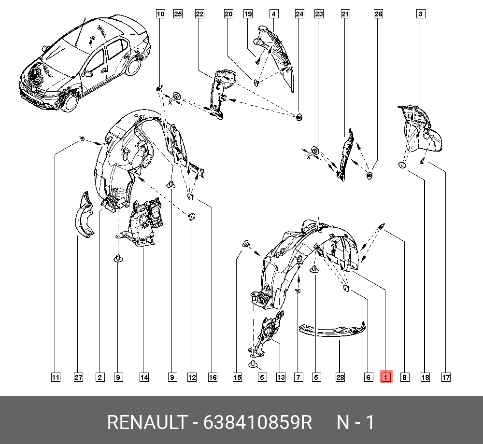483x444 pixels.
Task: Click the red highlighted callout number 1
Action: [x=386, y=376]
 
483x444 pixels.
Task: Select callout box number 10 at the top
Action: [x=160, y=14]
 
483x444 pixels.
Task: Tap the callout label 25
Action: [x=178, y=14]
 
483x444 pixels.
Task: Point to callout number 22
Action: [x=199, y=14]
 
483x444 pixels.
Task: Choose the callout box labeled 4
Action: [x=273, y=14]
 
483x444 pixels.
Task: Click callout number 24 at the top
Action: [x=299, y=14]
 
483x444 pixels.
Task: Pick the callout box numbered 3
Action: [x=421, y=14]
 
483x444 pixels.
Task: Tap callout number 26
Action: [x=378, y=14]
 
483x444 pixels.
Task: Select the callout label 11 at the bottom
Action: [x=56, y=377]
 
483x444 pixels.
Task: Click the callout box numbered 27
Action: [x=79, y=377]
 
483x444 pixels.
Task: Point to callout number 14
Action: [x=144, y=377]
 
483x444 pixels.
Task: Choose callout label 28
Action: [x=340, y=377]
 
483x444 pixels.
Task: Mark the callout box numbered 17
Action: [x=446, y=377]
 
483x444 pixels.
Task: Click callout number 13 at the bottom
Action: [x=281, y=377]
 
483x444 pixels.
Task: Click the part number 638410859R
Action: [x=257, y=422]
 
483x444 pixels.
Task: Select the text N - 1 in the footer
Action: [x=355, y=422]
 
